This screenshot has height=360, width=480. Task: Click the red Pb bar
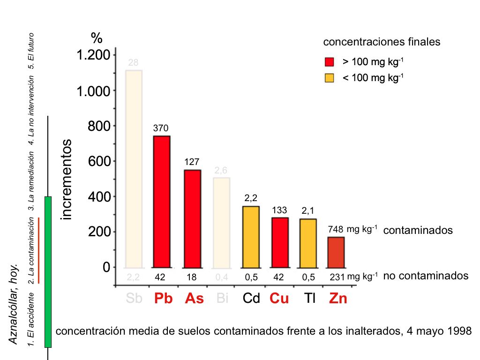click(162, 202)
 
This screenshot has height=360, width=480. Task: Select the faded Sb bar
click(134, 169)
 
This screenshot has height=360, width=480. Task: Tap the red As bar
click(192, 218)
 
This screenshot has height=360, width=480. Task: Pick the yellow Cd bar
click(251, 237)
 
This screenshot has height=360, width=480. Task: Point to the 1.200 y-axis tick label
click(94, 55)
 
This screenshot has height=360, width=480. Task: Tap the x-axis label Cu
click(279, 299)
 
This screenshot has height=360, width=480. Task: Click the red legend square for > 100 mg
click(329, 62)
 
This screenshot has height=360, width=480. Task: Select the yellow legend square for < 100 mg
click(329, 78)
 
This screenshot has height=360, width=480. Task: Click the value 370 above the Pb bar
click(161, 128)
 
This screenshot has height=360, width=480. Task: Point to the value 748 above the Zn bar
click(336, 229)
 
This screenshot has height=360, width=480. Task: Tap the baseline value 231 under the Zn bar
click(337, 277)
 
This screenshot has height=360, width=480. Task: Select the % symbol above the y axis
click(97, 37)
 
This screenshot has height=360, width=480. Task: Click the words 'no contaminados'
click(426, 276)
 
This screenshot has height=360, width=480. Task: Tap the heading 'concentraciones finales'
click(382, 42)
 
